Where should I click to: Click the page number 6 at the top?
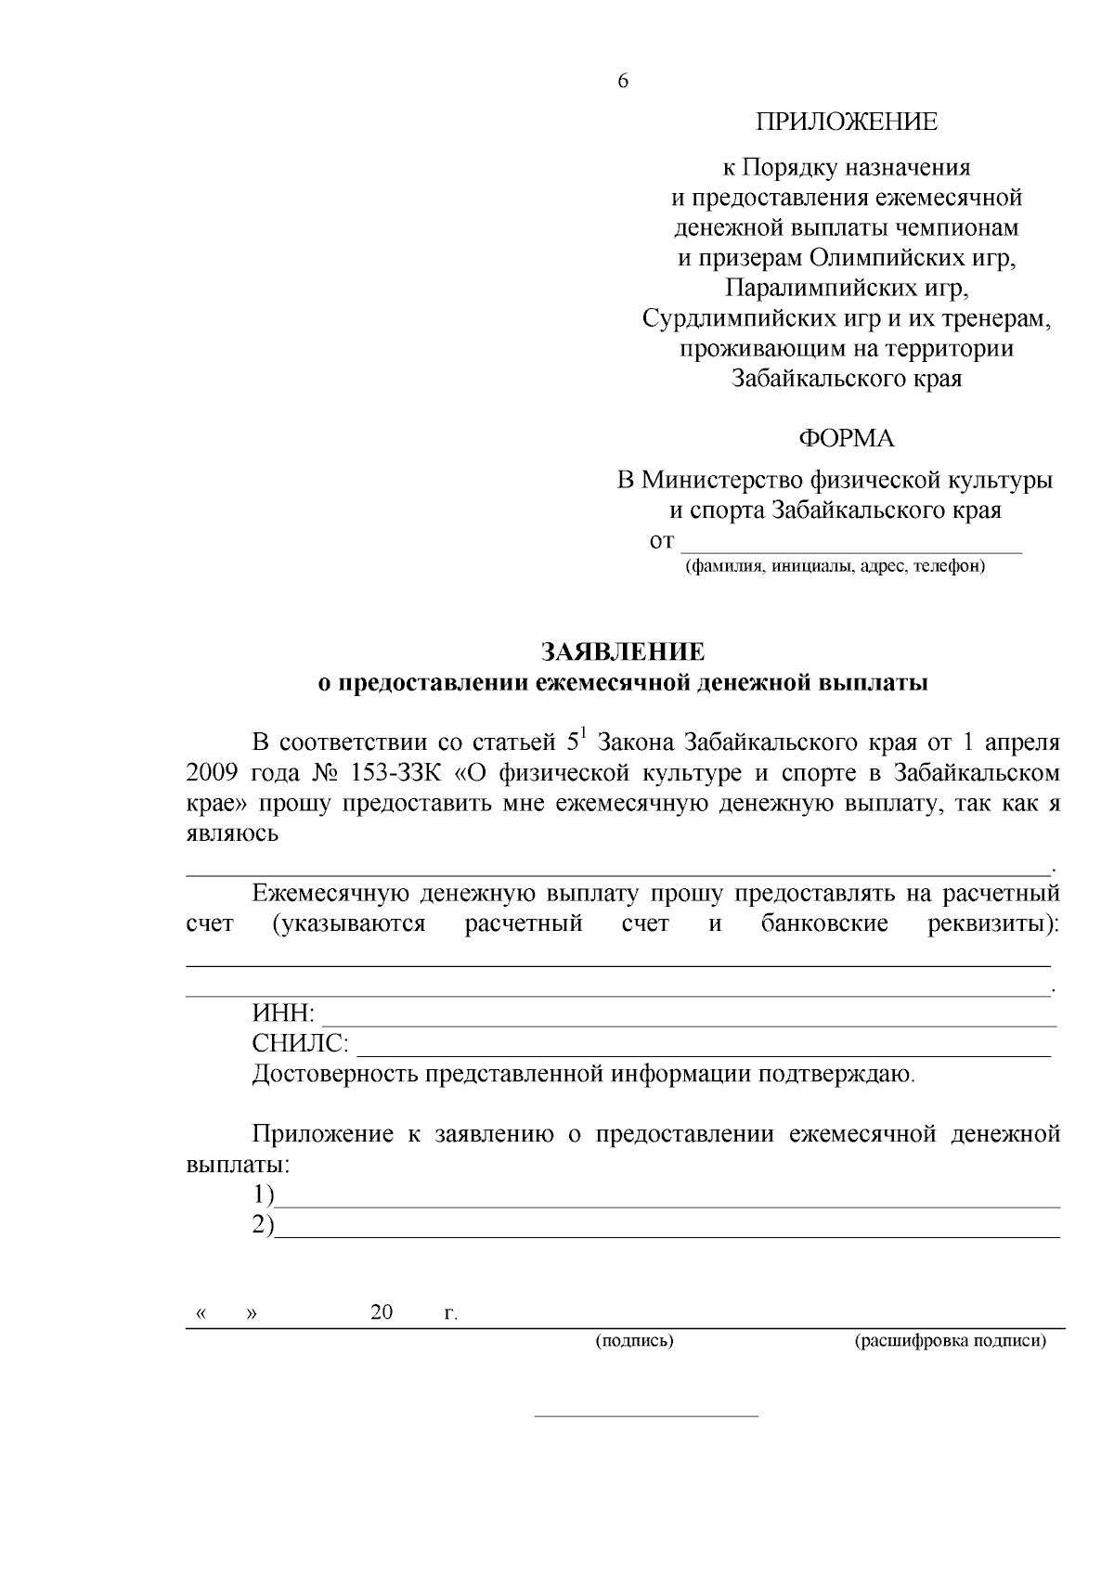623,82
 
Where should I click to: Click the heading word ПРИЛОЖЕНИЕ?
846,122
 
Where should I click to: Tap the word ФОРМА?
846,438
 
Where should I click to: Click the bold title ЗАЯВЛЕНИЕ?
623,651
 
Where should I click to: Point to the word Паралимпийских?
797,289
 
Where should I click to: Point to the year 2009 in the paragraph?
213,773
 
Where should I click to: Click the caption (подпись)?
634,1341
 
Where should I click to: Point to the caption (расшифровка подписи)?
950,1341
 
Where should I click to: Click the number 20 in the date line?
382,1312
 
